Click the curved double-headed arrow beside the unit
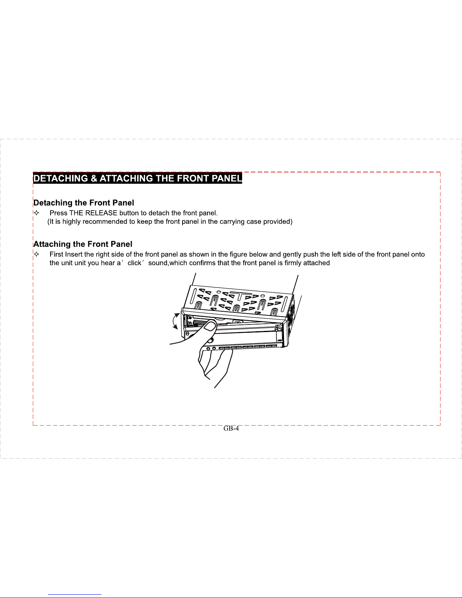(x=175, y=321)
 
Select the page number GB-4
(x=231, y=428)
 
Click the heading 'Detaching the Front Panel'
(x=84, y=203)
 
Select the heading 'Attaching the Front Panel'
(x=83, y=244)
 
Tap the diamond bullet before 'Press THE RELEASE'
(x=37, y=213)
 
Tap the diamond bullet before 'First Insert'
(x=37, y=254)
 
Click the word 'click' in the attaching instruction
(x=134, y=263)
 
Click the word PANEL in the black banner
(x=227, y=178)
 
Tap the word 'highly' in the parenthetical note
(x=71, y=221)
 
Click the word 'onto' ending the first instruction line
(x=418, y=254)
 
